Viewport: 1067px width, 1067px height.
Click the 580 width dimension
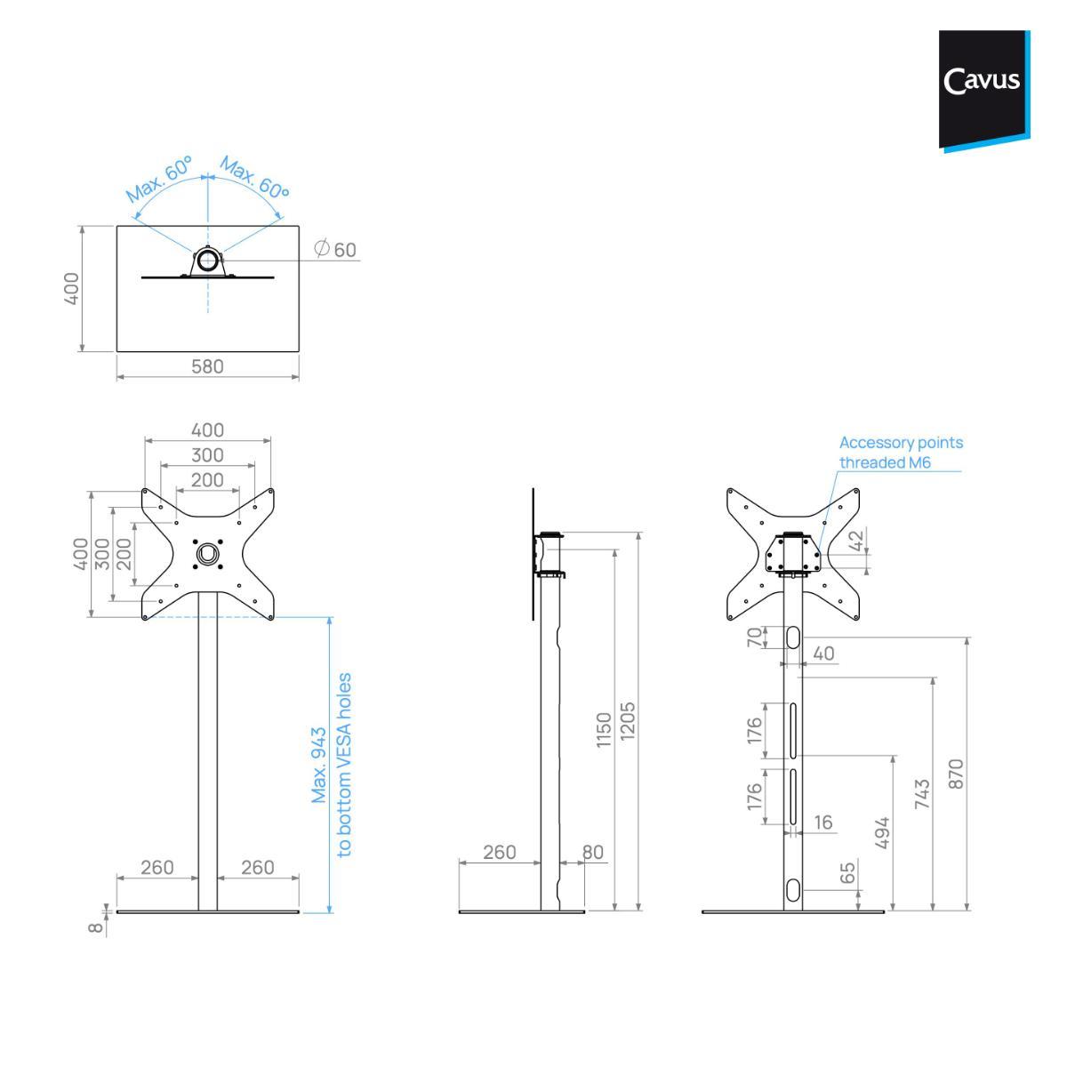click(207, 366)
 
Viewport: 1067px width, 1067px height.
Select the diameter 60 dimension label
click(336, 250)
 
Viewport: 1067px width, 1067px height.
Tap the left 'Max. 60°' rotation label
click(159, 180)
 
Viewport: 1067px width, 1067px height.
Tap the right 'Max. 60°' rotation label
click(255, 179)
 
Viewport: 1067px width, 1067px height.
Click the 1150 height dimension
click(604, 729)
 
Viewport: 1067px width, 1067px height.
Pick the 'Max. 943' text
click(321, 765)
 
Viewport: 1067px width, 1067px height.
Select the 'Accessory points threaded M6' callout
click(900, 453)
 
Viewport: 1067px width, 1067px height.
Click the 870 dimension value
click(956, 774)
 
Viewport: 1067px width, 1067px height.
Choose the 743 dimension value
click(922, 793)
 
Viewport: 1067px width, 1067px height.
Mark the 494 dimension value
click(882, 832)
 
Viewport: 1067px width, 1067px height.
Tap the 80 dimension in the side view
click(592, 852)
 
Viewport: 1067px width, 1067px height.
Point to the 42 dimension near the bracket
click(856, 540)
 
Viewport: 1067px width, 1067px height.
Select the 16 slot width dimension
click(823, 822)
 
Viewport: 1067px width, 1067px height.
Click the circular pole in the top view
click(207, 261)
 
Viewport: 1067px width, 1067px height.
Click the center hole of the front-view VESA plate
click(207, 553)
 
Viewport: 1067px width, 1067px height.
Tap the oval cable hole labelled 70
click(791, 638)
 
